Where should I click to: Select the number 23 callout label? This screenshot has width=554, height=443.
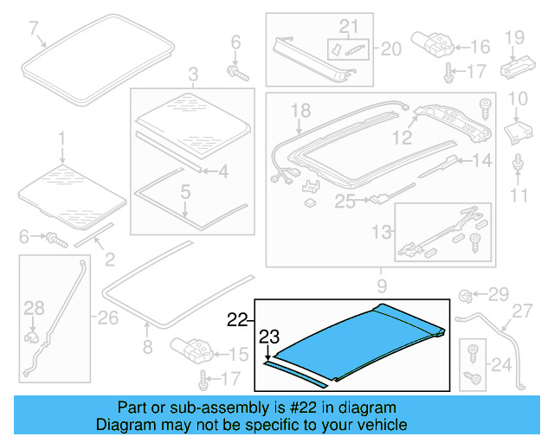[x=270, y=337]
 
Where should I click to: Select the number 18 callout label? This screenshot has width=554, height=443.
[x=300, y=110]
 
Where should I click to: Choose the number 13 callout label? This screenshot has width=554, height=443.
[x=378, y=231]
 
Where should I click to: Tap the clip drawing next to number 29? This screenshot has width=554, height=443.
[x=465, y=295]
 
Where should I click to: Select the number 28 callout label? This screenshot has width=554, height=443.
[x=33, y=308]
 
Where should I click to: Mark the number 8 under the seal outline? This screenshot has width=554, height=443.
[x=146, y=349]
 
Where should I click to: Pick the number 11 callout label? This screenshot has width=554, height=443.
[x=518, y=196]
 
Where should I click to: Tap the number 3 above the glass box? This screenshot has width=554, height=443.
[x=192, y=74]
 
